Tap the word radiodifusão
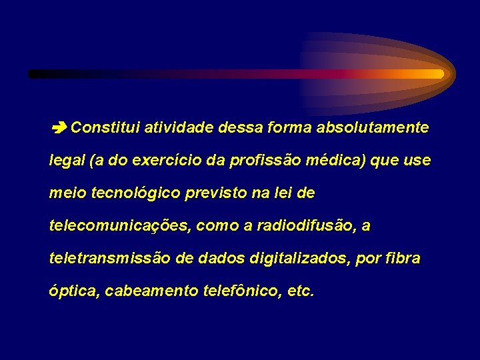(303, 226)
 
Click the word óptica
(74, 292)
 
